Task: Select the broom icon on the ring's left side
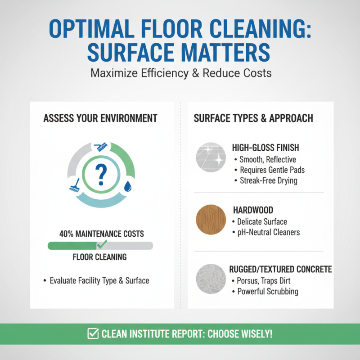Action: [x=75, y=184]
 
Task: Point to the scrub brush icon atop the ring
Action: [x=100, y=146]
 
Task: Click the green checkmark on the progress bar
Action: [x=102, y=244]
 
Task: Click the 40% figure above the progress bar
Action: [x=67, y=234]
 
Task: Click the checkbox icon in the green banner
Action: [x=93, y=334]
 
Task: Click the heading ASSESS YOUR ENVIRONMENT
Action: [x=100, y=118]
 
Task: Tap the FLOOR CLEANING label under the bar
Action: [x=99, y=257]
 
